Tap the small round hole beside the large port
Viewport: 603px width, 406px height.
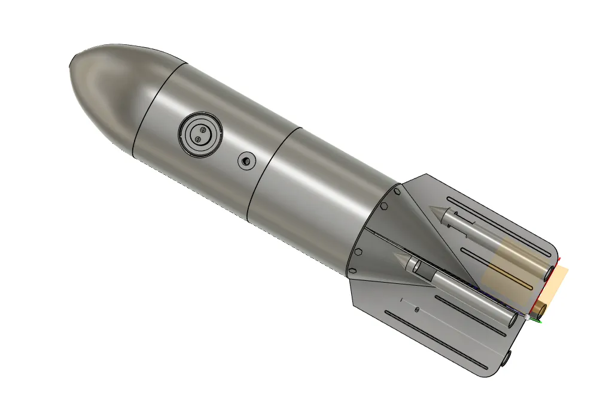pyautogui.click(x=246, y=160)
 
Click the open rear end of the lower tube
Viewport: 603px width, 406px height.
pyautogui.click(x=513, y=319)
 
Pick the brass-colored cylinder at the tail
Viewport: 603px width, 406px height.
pyautogui.click(x=540, y=309)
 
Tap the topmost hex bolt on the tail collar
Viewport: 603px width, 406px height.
pyautogui.click(x=397, y=192)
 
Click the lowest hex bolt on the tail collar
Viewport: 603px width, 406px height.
pyautogui.click(x=352, y=271)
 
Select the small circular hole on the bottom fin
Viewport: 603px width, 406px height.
pyautogui.click(x=416, y=310)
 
